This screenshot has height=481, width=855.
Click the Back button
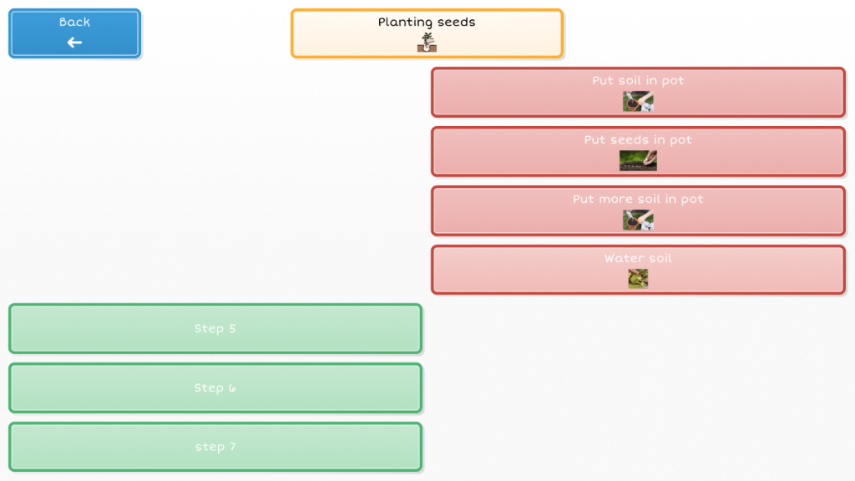pos(74,33)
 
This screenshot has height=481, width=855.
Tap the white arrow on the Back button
pos(74,43)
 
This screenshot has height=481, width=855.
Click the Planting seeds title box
pos(427,33)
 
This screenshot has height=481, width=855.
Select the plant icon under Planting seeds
pos(427,43)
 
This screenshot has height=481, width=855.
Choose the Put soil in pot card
pos(638,92)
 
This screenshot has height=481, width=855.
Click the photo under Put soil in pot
pos(638,102)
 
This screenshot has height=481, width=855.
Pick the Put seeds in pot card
pos(638,151)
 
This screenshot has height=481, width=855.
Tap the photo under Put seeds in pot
pos(638,161)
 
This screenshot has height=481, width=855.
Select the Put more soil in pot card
pos(638,210)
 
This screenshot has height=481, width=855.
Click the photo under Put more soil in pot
pos(638,220)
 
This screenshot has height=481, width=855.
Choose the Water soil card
pos(638,270)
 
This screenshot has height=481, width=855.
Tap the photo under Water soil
pos(638,279)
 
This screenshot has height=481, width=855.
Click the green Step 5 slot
pos(215,328)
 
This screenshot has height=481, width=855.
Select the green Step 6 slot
pos(215,387)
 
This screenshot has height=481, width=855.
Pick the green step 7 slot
pos(215,447)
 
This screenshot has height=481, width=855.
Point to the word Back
pos(74,23)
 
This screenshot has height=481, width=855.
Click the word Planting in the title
pos(405,23)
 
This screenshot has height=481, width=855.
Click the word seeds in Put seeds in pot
pos(628,140)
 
